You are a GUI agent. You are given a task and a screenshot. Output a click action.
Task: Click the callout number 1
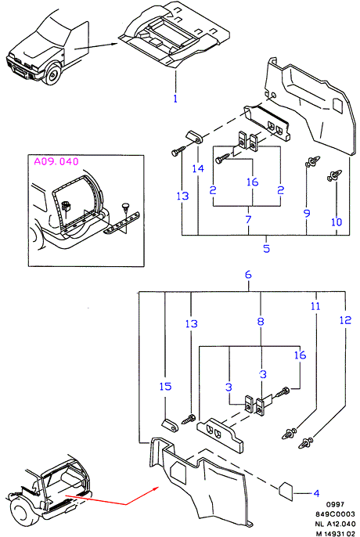[175, 99]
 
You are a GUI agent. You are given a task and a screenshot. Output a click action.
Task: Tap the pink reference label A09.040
[56, 161]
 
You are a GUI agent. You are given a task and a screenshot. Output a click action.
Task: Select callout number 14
[198, 168]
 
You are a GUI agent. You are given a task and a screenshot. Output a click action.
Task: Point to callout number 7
[248, 219]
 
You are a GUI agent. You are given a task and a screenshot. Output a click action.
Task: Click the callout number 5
[267, 248]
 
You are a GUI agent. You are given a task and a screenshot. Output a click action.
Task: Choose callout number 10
[337, 222]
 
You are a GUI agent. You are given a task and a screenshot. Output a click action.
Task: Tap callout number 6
[248, 275]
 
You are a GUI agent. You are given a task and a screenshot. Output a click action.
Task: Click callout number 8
[261, 321]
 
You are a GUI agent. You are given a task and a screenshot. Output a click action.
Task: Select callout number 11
[315, 306]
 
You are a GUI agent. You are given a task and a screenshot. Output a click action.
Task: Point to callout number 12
[345, 320]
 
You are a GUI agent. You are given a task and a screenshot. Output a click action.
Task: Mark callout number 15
[165, 387]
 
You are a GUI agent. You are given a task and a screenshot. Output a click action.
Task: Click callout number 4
[316, 493]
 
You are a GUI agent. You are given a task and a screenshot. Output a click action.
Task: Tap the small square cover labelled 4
[286, 491]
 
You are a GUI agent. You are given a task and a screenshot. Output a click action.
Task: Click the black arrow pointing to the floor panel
[96, 46]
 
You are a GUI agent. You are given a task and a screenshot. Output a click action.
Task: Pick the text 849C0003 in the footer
[335, 514]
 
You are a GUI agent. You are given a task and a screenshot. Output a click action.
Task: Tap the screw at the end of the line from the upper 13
[178, 150]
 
